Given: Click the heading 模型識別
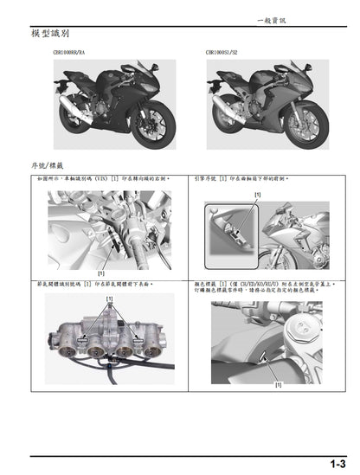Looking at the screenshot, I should [47, 32].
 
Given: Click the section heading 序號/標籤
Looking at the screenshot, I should [47, 164].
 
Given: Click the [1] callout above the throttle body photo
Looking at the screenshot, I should [109, 298].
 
